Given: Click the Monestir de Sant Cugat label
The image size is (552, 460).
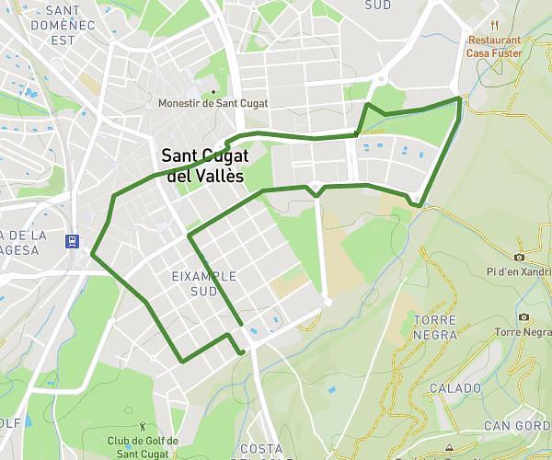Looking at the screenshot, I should pos(213,103).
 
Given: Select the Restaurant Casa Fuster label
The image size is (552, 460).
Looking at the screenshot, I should pos(495,47).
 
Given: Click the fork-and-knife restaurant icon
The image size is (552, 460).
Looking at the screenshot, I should pos(495,25).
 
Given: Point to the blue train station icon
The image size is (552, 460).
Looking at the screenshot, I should pos(71,242).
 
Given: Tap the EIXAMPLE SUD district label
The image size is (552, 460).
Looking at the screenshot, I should pos(204,282).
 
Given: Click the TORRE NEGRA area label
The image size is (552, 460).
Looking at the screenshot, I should pos(435,327).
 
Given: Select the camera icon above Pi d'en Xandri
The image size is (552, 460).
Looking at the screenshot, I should pos(520,257).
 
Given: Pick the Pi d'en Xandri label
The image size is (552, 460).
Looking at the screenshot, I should pos(519,271).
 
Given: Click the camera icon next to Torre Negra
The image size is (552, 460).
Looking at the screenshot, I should pos(523,317).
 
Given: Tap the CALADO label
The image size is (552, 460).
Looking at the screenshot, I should pos(454,388).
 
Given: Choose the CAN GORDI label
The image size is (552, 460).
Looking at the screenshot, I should pos(517,425).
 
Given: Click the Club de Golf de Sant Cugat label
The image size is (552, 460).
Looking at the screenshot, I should pos(143,447).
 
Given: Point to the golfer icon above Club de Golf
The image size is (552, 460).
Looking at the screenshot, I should pos(142,426).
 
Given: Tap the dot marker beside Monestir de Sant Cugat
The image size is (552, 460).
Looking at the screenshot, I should pos(213,91).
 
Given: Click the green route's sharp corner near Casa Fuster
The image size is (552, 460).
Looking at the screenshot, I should pos(459,98).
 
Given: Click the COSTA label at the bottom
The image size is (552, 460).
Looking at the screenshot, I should pos(261,449).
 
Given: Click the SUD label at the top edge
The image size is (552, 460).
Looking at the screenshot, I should pos(378,5).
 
